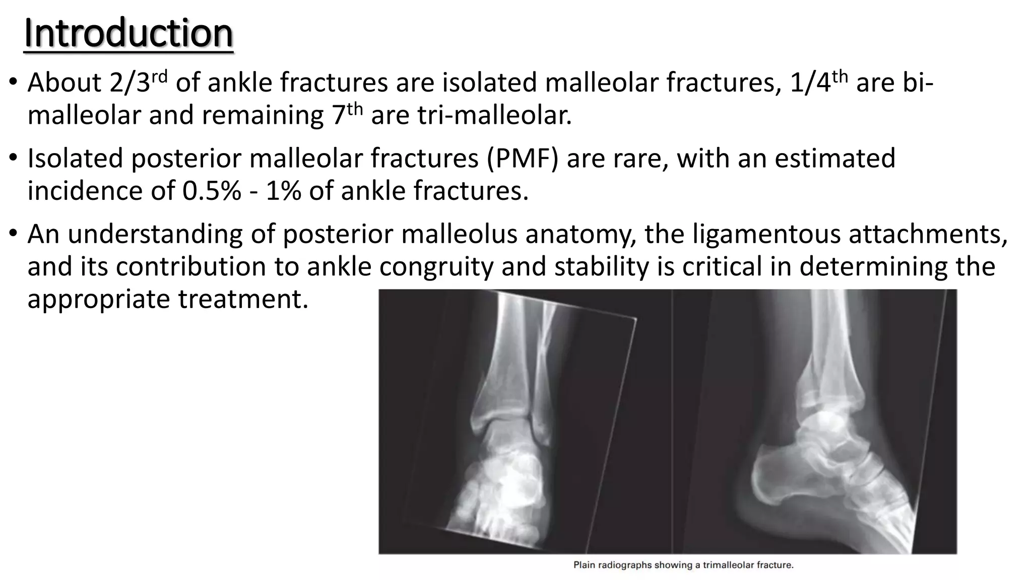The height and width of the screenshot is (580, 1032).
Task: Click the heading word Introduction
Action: [x=128, y=33]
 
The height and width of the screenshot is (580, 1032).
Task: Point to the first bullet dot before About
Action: [x=14, y=83]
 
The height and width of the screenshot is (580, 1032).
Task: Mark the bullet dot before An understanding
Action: [x=14, y=234]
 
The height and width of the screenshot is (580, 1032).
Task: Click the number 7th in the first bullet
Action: [x=347, y=115]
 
